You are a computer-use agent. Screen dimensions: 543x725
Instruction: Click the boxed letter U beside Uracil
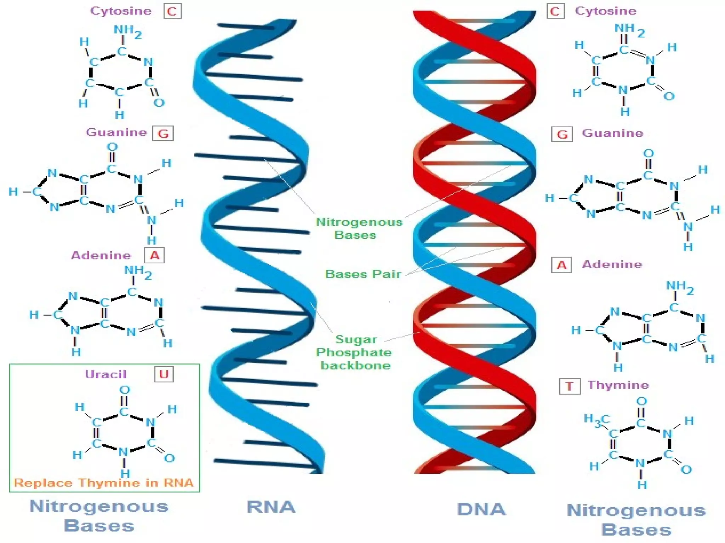point(164,374)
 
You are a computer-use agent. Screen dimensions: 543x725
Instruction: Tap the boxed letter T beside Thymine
point(569,386)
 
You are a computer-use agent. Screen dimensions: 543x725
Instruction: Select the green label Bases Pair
point(363,274)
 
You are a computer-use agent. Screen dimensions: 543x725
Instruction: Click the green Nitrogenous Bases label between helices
point(359,228)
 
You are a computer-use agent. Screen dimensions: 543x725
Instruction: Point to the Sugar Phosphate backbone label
point(354,352)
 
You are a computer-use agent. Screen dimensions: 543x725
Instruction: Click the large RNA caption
point(271,507)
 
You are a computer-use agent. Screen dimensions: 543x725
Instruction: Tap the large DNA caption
point(481,509)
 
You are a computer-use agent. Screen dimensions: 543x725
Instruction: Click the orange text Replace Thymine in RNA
point(104,483)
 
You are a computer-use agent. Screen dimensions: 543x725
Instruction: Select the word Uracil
point(105,374)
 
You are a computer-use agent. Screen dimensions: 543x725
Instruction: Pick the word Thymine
point(618,385)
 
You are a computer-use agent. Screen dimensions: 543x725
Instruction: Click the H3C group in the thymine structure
point(597,420)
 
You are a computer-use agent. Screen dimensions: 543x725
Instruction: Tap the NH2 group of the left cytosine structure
point(127,31)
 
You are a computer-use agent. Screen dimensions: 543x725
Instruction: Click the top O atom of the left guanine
point(112,146)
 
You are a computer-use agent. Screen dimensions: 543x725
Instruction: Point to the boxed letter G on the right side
point(562,134)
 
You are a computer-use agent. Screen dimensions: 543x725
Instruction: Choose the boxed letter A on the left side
point(154,255)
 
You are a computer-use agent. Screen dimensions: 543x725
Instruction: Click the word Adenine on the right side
point(612,264)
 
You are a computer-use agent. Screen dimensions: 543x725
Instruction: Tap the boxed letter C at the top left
point(172,12)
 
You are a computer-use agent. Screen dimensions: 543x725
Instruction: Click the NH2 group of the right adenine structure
point(680,287)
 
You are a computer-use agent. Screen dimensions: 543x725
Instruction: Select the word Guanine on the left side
point(116,132)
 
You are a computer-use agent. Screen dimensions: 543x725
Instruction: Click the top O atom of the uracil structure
point(125,390)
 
